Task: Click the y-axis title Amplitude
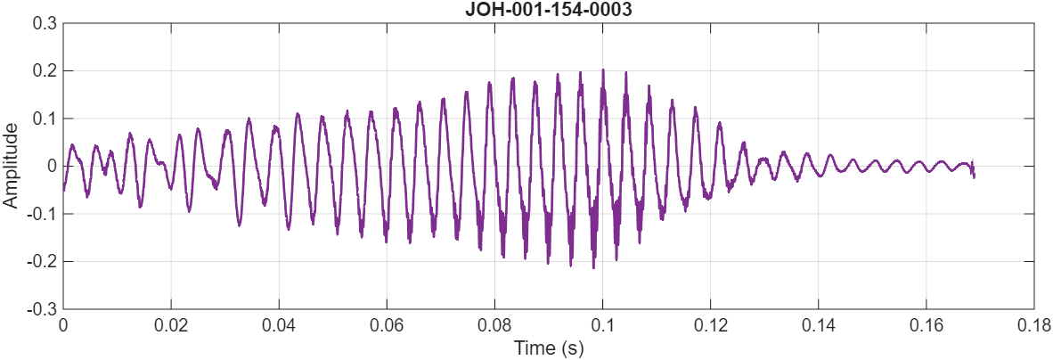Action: [x=11, y=166]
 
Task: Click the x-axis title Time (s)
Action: [x=548, y=348]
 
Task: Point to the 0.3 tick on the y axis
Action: [x=43, y=22]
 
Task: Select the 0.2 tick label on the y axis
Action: [x=43, y=70]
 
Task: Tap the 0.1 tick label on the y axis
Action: [x=43, y=119]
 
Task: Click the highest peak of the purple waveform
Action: [x=603, y=70]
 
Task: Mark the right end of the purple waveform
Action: [x=974, y=175]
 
